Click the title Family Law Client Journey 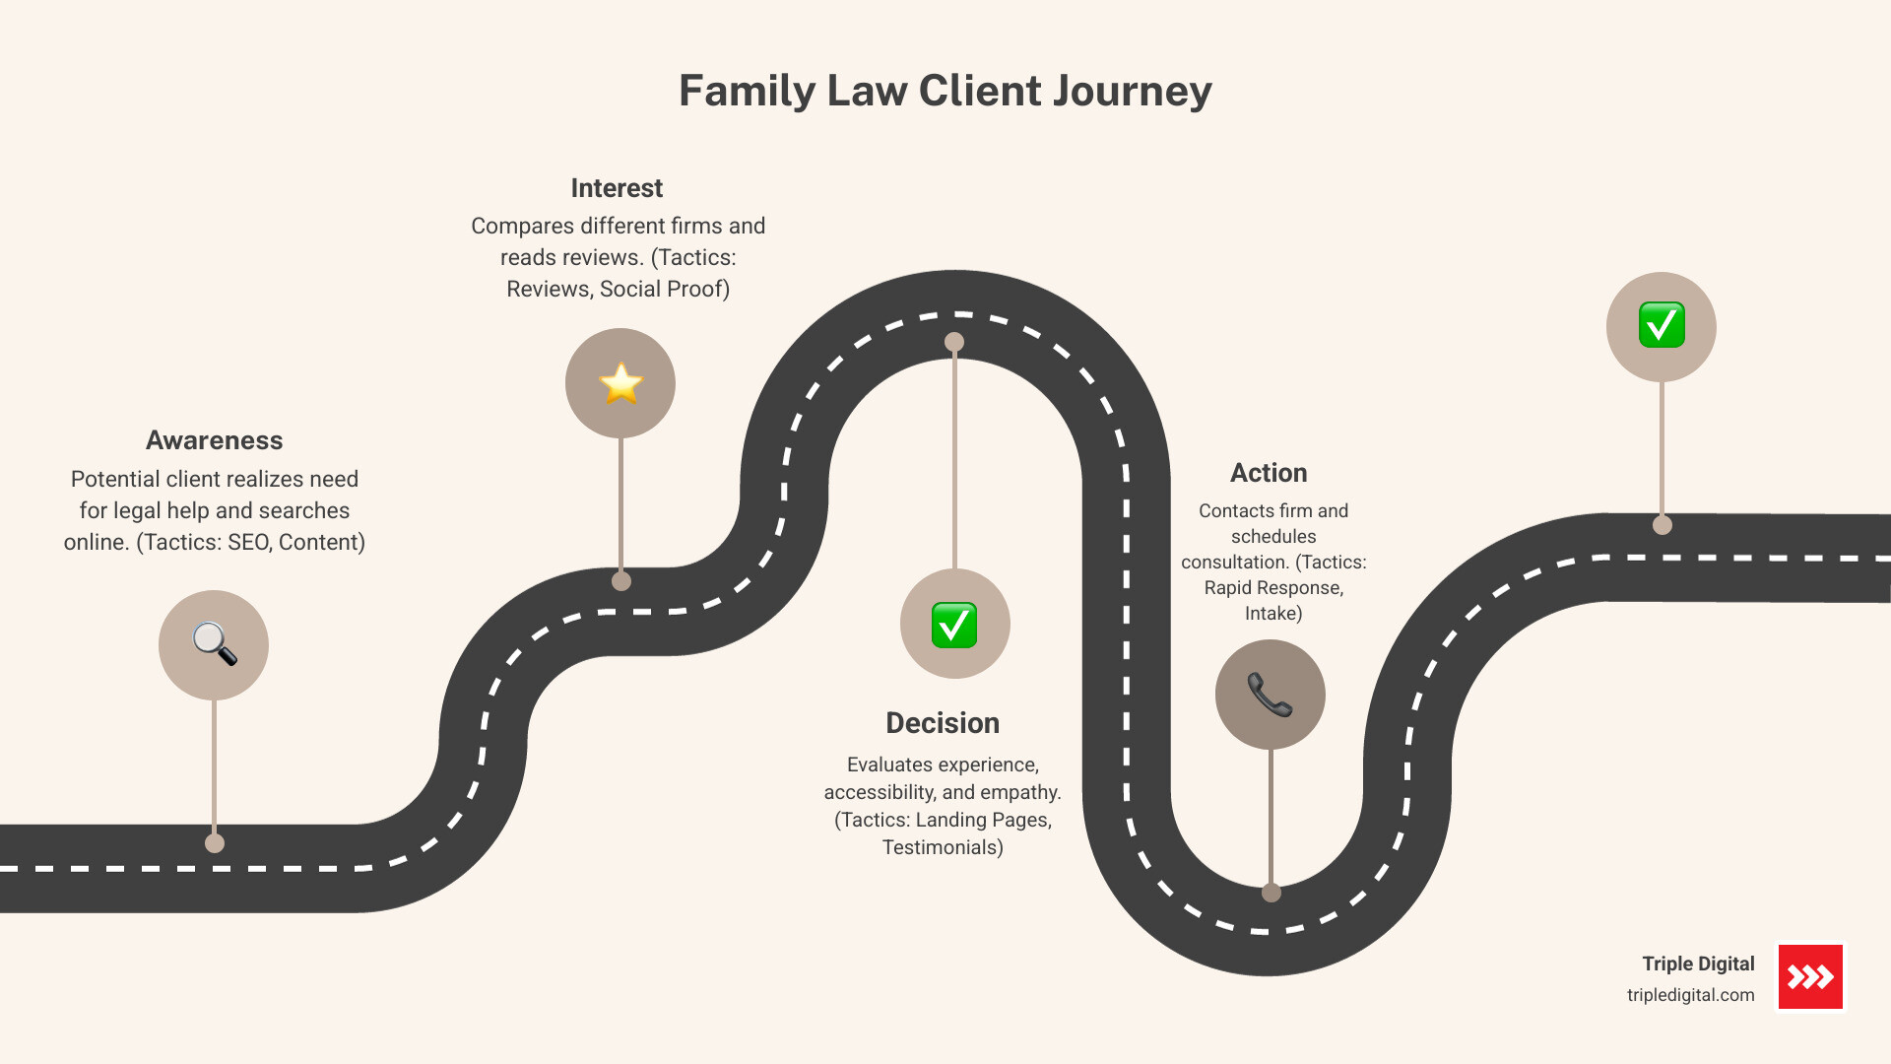point(945,91)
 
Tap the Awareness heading point(214,440)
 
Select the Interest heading point(617,188)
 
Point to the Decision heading point(943,723)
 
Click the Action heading point(1269,473)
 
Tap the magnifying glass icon point(214,644)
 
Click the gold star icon point(620,383)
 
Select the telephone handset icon point(1270,695)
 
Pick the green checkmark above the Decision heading point(954,625)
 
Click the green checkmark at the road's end point(1662,325)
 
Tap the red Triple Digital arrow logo point(1810,976)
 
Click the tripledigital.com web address point(1690,995)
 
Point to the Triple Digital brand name point(1698,964)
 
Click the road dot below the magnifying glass point(215,843)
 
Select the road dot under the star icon point(621,581)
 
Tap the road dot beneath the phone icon point(1272,893)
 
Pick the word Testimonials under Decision point(941,847)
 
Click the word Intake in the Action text point(1272,613)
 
